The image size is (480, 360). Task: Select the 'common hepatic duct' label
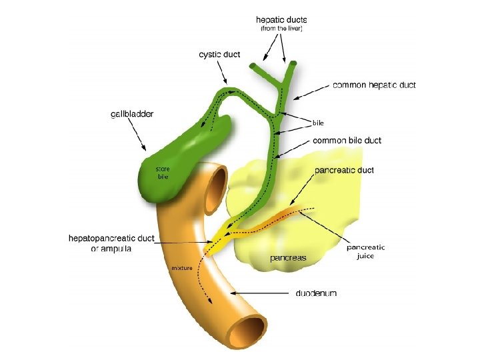click(373, 85)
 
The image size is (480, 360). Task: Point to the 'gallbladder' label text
click(131, 114)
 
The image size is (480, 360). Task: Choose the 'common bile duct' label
click(347, 141)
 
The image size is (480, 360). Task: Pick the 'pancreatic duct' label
click(344, 171)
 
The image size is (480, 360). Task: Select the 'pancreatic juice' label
click(365, 252)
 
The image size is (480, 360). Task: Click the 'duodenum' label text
click(316, 293)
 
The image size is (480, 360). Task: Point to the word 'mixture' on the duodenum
click(182, 268)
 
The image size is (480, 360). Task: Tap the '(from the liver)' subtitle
click(280, 29)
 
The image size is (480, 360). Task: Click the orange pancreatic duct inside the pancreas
click(280, 215)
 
